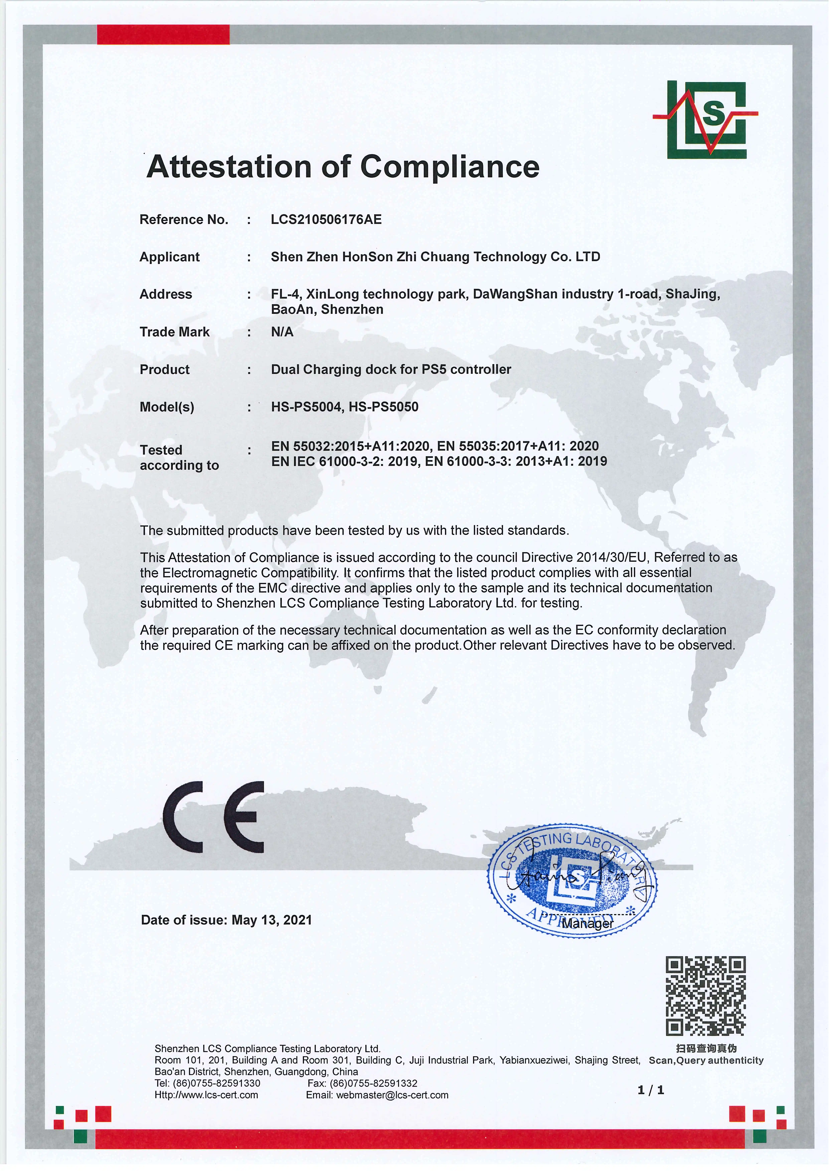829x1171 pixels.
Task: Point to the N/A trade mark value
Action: [282, 332]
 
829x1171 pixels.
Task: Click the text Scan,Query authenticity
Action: [706, 1060]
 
